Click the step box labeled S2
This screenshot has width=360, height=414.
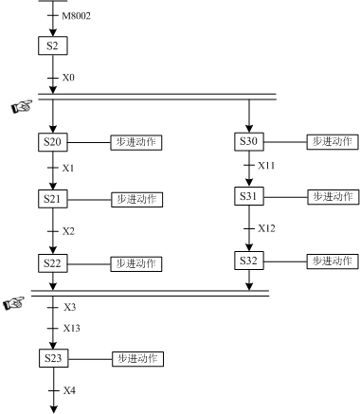(x=52, y=45)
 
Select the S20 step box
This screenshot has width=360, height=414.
(x=52, y=142)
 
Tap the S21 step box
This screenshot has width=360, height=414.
(x=52, y=199)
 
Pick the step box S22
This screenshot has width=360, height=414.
(x=52, y=262)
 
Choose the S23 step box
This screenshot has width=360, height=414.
(x=52, y=359)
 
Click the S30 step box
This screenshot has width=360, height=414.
(x=248, y=141)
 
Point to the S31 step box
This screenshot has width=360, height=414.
(x=248, y=196)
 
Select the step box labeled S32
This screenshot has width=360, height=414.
(x=248, y=260)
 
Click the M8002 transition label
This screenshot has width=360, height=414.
(x=76, y=17)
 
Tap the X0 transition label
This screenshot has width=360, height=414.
(x=69, y=77)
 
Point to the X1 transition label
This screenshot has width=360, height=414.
(x=69, y=169)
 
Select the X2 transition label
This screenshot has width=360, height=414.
(x=69, y=231)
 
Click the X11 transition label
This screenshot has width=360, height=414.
(x=268, y=166)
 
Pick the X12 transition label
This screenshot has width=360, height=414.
(x=268, y=228)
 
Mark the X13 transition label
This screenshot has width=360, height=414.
(x=73, y=328)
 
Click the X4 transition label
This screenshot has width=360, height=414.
(x=69, y=389)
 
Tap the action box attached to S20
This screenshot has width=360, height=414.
(x=136, y=142)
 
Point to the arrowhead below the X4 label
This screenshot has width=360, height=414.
(x=52, y=408)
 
